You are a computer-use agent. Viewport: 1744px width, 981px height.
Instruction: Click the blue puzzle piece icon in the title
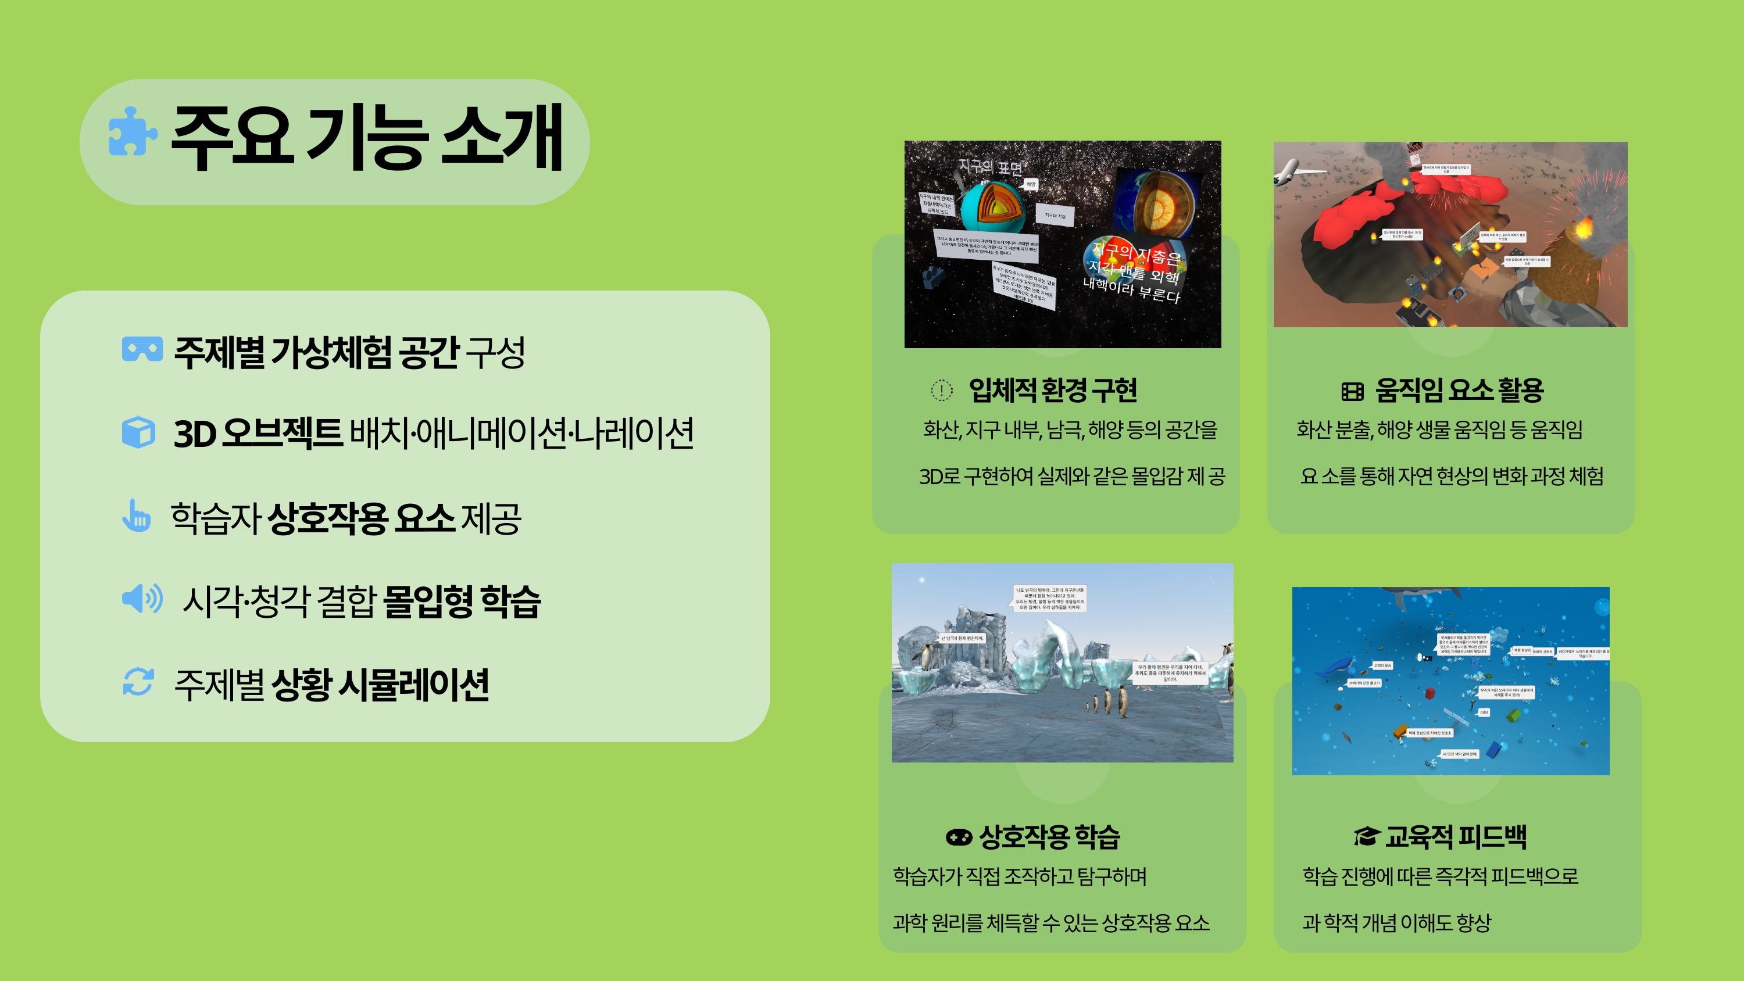[133, 131]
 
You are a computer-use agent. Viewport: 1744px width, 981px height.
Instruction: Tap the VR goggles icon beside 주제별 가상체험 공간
[142, 349]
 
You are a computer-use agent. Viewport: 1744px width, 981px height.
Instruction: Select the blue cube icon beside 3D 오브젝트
[139, 432]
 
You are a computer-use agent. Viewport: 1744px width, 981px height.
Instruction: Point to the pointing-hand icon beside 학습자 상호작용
[136, 516]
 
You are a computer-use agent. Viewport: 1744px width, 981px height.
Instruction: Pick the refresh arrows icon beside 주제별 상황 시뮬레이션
[138, 681]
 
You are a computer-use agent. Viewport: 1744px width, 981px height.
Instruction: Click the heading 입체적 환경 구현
[1053, 390]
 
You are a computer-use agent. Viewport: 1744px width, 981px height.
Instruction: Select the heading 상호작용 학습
[1049, 837]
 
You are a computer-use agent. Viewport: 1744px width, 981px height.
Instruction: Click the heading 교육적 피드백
[1456, 837]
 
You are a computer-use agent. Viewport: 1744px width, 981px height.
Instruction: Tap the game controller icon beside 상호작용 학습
[959, 837]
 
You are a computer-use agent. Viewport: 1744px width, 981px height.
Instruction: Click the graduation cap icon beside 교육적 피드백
[1366, 836]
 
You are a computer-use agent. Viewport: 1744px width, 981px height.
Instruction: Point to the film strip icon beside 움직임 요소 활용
[1352, 391]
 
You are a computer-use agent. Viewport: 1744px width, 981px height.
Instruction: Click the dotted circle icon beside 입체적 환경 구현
[941, 390]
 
